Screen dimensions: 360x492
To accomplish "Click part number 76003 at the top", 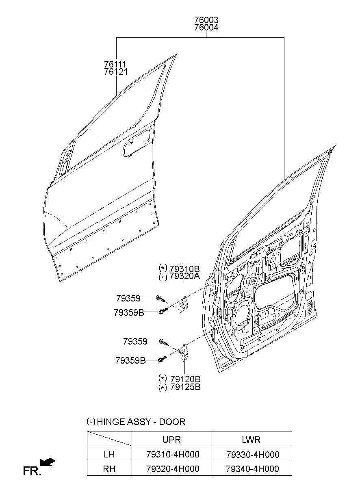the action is (206, 20).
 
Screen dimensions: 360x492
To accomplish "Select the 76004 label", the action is (206, 28).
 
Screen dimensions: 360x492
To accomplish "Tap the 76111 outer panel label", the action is (115, 64).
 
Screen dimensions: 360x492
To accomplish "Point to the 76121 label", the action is (115, 72).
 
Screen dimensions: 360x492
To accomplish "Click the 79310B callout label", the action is (184, 269).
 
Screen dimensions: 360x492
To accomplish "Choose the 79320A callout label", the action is (184, 276).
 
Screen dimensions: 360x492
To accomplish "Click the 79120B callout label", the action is (185, 379).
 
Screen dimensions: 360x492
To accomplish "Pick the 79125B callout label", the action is (185, 387).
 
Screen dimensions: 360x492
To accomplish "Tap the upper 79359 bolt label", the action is (128, 298).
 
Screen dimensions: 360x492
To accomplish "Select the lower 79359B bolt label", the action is (130, 360).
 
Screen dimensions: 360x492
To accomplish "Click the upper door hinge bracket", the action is (183, 304).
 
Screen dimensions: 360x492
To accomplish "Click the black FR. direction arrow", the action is (48, 462).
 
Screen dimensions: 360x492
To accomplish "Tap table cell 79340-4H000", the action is (252, 469).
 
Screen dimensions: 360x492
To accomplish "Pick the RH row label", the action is (109, 469).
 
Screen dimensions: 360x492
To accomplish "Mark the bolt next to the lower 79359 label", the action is (163, 342).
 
